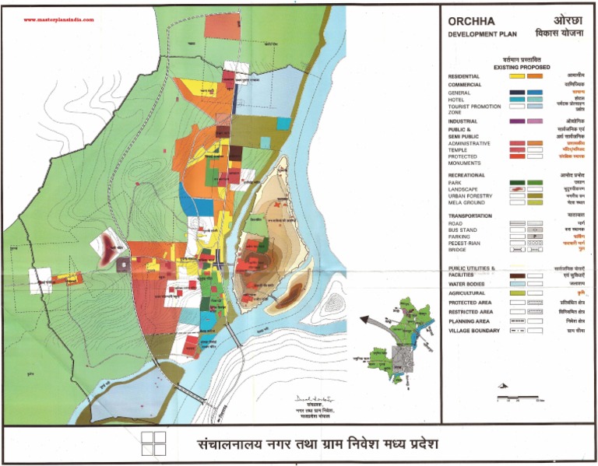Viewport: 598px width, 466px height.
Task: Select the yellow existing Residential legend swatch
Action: click(515, 76)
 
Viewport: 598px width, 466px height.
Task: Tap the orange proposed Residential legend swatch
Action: click(534, 76)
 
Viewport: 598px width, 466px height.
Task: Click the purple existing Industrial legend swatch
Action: click(515, 121)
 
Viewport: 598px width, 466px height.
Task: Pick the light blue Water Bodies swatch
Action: click(515, 282)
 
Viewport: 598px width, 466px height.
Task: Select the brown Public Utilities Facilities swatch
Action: click(515, 275)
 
